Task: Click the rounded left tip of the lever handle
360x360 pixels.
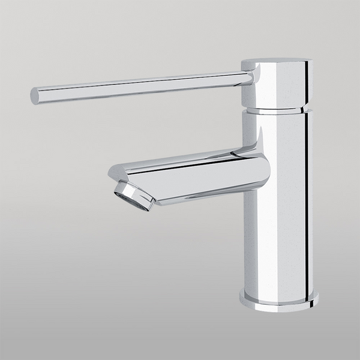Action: [35, 96]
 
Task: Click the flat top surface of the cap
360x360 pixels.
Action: [276, 61]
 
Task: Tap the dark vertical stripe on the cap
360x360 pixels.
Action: [305, 84]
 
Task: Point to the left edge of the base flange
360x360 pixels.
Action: [241, 297]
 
